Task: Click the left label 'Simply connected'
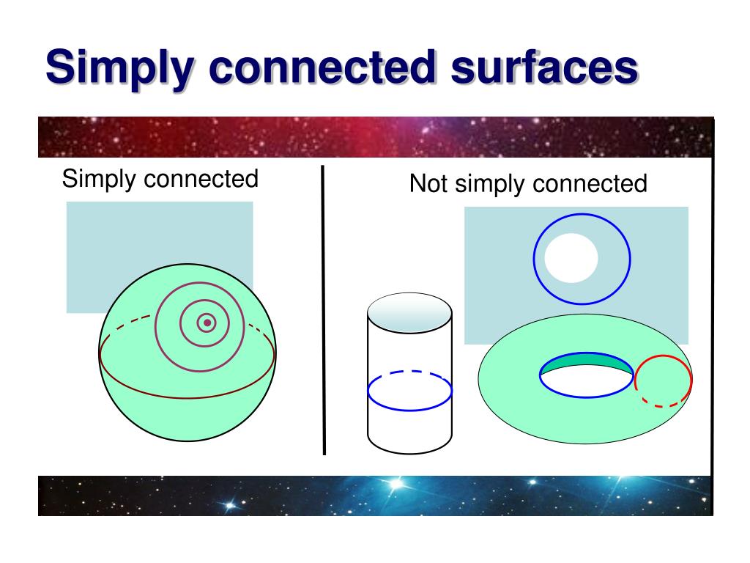[160, 179]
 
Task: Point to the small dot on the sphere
[207, 323]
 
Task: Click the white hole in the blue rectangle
[571, 258]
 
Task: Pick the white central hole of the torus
[586, 381]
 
